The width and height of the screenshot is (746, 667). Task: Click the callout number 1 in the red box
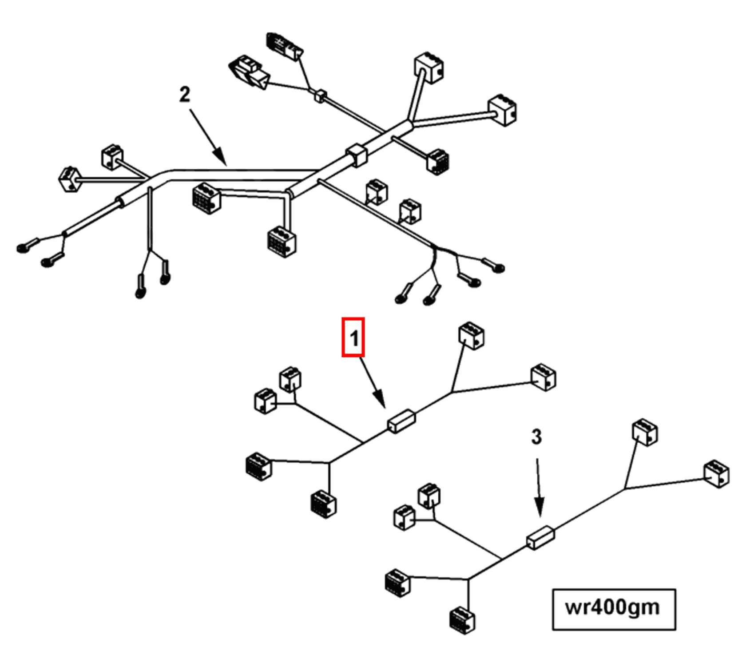[353, 337]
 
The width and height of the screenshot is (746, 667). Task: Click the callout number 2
[185, 94]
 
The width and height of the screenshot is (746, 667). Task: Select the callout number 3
[536, 437]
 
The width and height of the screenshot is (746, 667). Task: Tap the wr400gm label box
[614, 609]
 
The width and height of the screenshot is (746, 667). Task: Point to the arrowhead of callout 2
[222, 159]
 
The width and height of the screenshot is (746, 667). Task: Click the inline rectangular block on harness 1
[401, 421]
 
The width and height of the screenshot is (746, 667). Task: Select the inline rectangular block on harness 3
[540, 537]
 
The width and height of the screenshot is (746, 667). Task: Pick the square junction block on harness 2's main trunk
[356, 155]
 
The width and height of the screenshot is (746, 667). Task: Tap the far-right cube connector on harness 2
[502, 110]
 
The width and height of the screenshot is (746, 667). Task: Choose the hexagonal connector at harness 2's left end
[69, 179]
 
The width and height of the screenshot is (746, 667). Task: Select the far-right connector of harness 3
[716, 474]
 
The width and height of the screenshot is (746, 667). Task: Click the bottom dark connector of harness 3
[462, 619]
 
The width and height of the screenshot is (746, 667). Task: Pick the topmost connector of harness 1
[471, 336]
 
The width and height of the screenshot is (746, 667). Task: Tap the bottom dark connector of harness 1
[323, 504]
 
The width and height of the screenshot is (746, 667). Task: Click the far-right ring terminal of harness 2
[498, 268]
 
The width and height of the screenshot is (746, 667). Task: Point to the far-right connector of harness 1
[544, 377]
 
